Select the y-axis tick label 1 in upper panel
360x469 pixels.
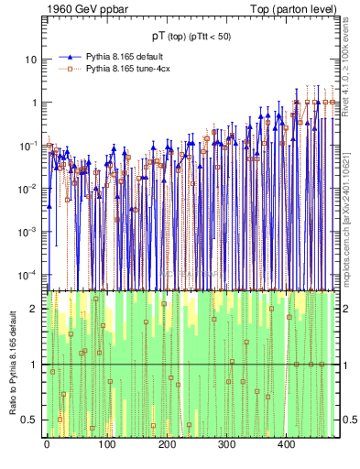(x=35, y=103)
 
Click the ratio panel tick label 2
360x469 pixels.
(x=35, y=309)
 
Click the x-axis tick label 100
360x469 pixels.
(x=106, y=445)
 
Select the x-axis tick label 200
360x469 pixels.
(x=167, y=445)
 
